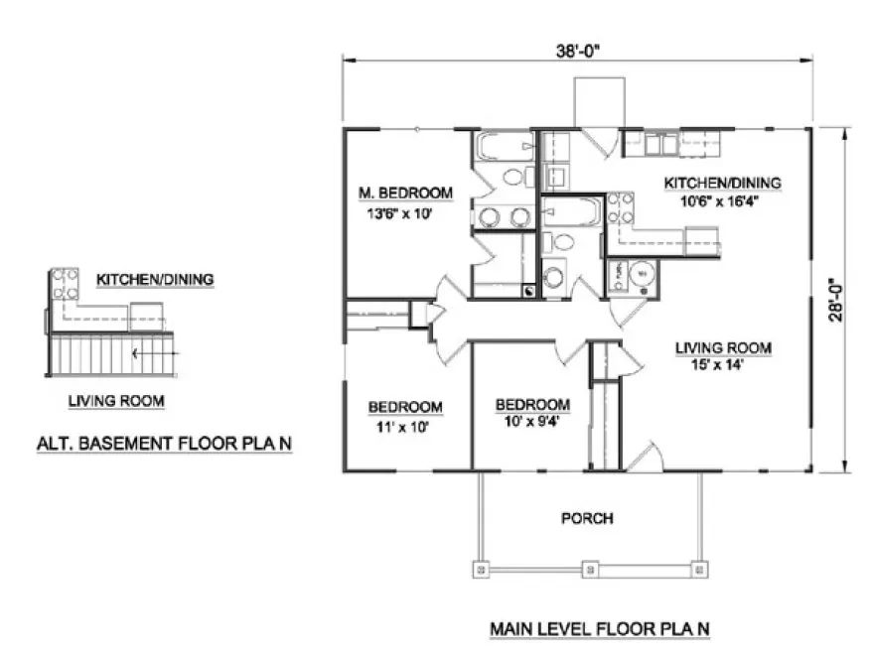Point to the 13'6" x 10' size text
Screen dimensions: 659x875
tap(404, 211)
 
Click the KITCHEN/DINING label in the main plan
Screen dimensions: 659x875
tap(722, 183)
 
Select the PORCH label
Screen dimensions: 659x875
tap(587, 518)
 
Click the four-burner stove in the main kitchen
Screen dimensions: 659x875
tap(622, 208)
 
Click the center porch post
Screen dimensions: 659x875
tap(590, 570)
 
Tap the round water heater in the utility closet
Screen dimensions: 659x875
tap(644, 272)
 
